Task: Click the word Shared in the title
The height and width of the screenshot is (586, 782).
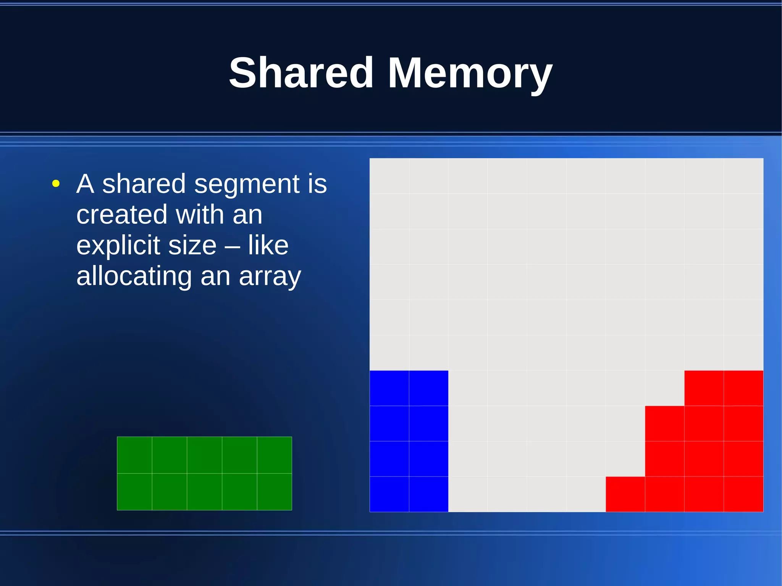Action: (x=301, y=73)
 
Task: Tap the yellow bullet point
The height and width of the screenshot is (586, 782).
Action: (x=56, y=184)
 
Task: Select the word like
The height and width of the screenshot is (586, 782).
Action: (x=268, y=245)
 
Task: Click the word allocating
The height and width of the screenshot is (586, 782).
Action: (x=134, y=277)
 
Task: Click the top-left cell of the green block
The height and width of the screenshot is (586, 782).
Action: (x=134, y=455)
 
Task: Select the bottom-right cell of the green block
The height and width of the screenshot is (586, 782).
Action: (x=275, y=492)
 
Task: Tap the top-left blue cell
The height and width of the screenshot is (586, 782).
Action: (x=389, y=388)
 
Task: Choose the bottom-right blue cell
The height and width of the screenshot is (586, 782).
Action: (x=428, y=494)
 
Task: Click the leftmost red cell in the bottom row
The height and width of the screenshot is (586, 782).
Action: (x=625, y=494)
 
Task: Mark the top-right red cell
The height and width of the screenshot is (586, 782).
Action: (x=743, y=388)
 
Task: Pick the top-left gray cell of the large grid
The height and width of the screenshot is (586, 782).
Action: (x=389, y=176)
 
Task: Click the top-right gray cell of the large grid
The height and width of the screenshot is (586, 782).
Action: (x=743, y=176)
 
